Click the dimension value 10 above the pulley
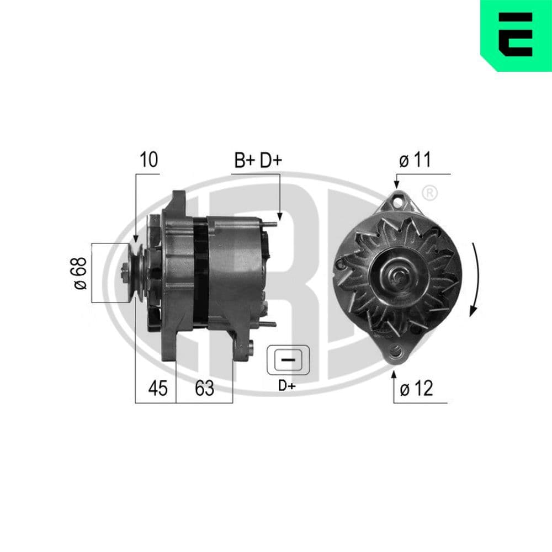(148, 160)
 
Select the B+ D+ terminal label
(258, 161)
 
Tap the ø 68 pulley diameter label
(80, 273)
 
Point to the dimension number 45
(158, 389)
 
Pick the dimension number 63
(204, 389)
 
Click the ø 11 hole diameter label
(415, 161)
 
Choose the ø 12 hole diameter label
(416, 389)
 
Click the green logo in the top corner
(516, 35)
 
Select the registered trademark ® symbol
(430, 193)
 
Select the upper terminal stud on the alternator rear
(269, 223)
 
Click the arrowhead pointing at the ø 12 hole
(394, 375)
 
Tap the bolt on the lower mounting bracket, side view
(250, 348)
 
